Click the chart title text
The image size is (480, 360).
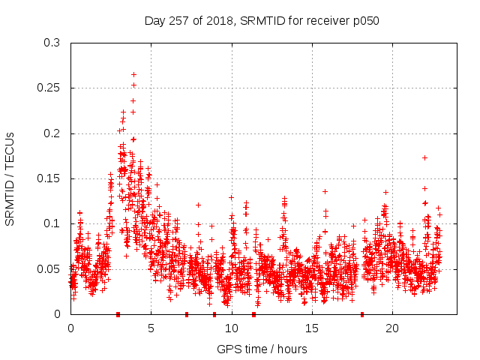tap(262, 20)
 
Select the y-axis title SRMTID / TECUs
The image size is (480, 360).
tap(10, 178)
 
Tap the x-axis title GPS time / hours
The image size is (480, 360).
tap(262, 349)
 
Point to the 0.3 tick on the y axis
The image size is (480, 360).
tap(53, 43)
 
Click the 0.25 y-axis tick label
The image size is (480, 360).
tap(50, 88)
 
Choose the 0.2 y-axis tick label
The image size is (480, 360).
tap(53, 133)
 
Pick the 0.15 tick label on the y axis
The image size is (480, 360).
tap(50, 178)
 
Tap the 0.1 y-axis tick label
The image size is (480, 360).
tap(53, 223)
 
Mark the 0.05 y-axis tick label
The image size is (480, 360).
tap(50, 268)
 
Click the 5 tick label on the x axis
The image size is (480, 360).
tap(151, 328)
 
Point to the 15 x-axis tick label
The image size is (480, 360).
tap(311, 328)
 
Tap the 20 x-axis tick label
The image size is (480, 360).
tap(391, 328)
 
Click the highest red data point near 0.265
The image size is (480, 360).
tap(133, 74)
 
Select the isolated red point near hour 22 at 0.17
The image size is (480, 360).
tap(424, 157)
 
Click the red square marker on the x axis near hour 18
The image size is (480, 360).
tap(362, 314)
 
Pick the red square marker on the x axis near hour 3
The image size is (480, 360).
tap(118, 314)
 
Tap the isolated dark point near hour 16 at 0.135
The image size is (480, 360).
tap(325, 191)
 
